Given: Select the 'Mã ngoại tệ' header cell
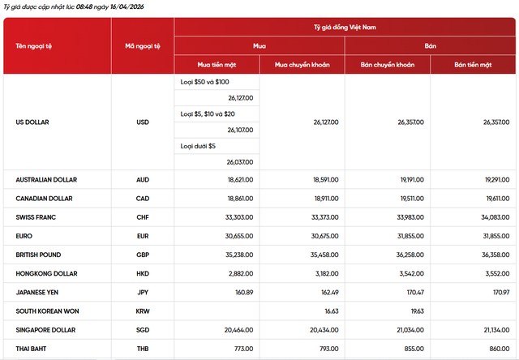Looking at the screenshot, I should [143, 45].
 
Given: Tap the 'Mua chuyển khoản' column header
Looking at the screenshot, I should [302, 64].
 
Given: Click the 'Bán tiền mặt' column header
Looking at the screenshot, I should [474, 64].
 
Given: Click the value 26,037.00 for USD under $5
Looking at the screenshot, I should [240, 162].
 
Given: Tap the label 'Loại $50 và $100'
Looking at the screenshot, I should [204, 82].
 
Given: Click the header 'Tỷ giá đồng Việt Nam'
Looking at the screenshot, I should [345, 28].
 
